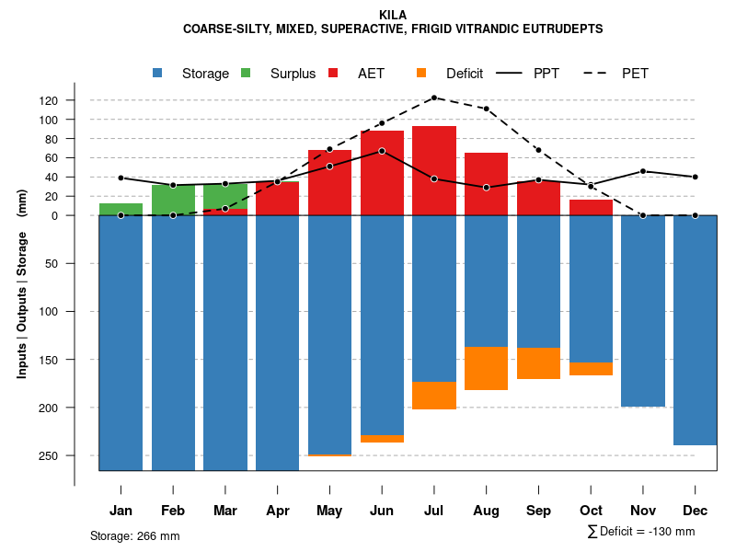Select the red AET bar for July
434,170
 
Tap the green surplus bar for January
121,209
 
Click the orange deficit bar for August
486,368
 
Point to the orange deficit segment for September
538,362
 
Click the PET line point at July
434,98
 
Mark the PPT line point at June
382,151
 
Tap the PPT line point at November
643,171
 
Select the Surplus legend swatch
247,74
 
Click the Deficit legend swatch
421,74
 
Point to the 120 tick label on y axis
75,100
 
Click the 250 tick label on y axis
75,455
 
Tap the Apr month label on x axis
277,511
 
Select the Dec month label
695,511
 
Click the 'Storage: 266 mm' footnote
134,536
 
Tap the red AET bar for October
591,207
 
